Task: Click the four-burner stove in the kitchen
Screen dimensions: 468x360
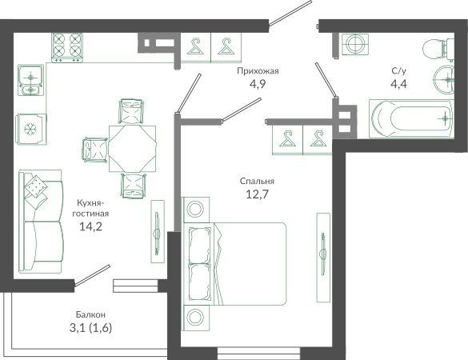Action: tap(67, 47)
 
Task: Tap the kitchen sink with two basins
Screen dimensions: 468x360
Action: tap(31, 80)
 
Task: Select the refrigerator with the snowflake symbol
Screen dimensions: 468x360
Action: tap(31, 129)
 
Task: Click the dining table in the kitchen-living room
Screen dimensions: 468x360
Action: tap(132, 149)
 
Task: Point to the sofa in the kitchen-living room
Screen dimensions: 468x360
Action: tap(40, 221)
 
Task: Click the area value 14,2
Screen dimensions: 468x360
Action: tap(90, 226)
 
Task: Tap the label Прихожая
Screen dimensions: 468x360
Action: tap(258, 71)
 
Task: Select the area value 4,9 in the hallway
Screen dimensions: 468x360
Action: tap(258, 85)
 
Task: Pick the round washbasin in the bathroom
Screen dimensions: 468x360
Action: tap(443, 80)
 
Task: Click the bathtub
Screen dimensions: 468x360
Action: tap(411, 119)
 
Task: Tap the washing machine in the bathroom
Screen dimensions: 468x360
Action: tap(355, 44)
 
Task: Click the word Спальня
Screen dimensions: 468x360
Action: tap(257, 181)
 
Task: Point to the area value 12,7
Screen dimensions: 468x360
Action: tap(258, 194)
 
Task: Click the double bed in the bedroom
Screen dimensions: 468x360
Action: tap(234, 264)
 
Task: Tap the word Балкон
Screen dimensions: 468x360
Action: tap(90, 314)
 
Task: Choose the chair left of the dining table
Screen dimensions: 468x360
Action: tap(95, 150)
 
